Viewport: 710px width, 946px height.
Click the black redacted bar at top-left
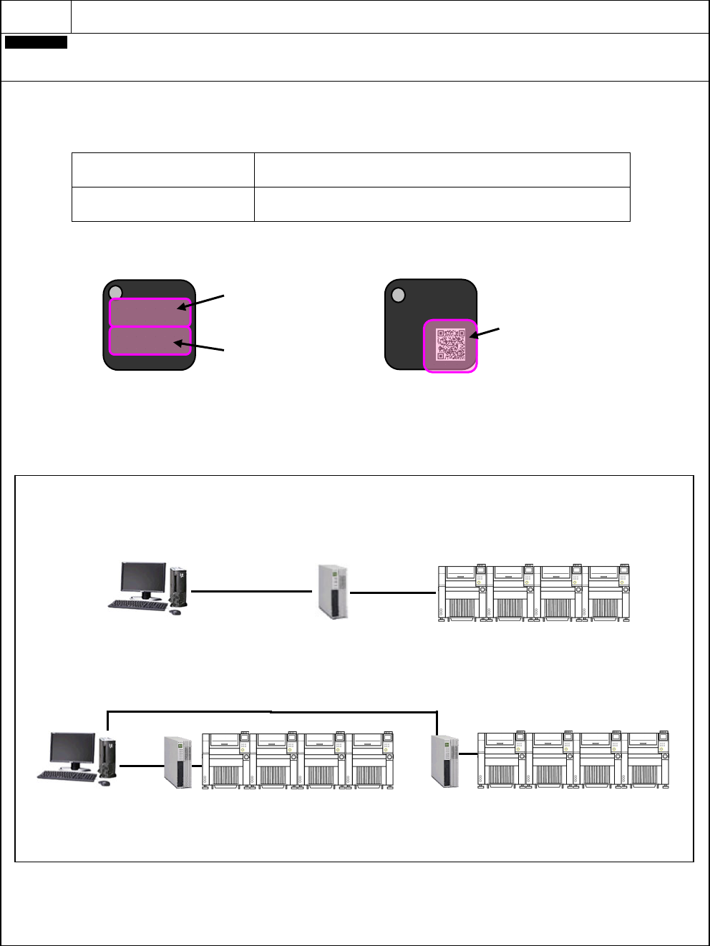(x=37, y=43)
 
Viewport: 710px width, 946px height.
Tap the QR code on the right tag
(x=451, y=344)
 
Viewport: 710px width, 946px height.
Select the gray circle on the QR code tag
(x=399, y=295)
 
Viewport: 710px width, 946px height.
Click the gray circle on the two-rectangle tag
(x=117, y=293)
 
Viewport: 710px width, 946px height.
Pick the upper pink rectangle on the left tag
(x=150, y=313)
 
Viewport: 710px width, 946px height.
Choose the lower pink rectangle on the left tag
(x=150, y=341)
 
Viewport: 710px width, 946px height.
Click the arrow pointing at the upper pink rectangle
(x=203, y=301)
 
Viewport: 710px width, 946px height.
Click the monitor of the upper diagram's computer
(x=142, y=580)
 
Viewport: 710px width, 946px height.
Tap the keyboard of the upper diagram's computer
(x=135, y=605)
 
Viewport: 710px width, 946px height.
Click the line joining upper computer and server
(x=252, y=592)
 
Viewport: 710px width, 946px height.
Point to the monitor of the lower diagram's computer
(x=72, y=748)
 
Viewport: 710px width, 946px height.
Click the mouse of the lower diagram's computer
(x=104, y=783)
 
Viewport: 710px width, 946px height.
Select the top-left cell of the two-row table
(x=163, y=170)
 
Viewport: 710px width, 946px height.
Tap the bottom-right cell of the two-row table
(x=442, y=204)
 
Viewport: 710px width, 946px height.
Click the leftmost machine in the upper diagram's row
(x=462, y=593)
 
